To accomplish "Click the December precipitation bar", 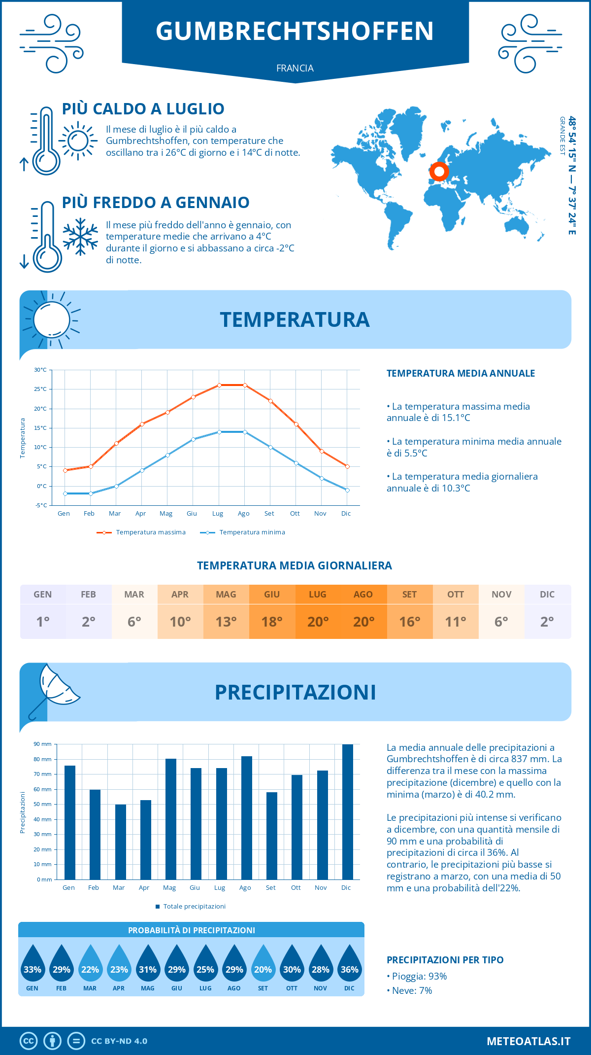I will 347,812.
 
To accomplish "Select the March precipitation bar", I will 120,842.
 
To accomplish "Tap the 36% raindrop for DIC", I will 349,964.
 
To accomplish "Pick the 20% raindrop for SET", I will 263,964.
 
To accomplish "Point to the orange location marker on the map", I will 439,172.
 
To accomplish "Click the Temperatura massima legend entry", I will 141,532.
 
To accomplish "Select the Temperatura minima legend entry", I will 243,532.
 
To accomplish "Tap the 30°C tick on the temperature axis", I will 40,370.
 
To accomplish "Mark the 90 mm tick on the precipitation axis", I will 43,744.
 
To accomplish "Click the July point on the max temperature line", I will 219,385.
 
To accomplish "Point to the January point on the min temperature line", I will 65,493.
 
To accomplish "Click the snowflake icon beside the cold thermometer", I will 80,237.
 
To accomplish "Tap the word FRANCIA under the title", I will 295,68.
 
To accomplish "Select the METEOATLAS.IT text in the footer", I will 528,1041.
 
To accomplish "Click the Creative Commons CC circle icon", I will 29,1041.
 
